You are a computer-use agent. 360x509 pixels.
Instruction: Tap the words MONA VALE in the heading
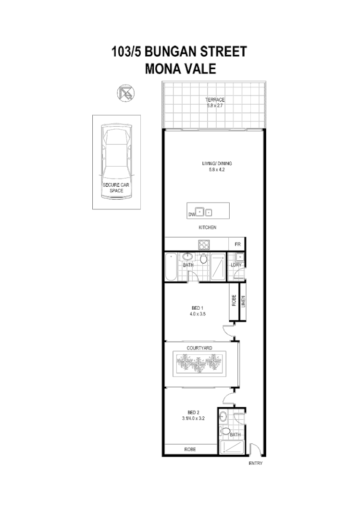click(180, 69)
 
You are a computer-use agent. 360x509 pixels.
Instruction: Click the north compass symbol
click(126, 93)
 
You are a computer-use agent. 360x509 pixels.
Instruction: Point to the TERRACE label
click(215, 100)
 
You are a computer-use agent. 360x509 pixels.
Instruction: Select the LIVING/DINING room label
click(217, 164)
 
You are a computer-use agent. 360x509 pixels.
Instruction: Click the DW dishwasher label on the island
click(191, 214)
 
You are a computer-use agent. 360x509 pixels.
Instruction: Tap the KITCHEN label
click(207, 228)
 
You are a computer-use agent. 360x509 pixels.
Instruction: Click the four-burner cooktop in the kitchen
click(204, 243)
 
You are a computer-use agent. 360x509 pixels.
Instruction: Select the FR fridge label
click(237, 244)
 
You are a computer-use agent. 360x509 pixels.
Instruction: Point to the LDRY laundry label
click(236, 264)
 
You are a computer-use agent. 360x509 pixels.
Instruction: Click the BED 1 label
click(198, 307)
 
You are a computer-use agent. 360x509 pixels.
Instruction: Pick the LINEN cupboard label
click(243, 302)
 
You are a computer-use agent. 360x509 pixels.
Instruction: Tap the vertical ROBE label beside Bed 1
click(234, 301)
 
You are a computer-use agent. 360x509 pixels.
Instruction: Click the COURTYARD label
click(199, 347)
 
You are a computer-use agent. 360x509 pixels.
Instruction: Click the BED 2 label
click(193, 412)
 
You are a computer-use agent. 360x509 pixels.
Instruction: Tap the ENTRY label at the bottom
click(256, 463)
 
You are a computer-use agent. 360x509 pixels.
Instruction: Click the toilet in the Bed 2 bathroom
click(224, 431)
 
